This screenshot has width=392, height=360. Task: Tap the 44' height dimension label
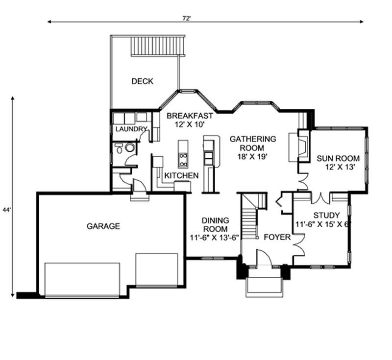(x=6, y=210)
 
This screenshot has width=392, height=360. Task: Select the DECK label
(x=142, y=81)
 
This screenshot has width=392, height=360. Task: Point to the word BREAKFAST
(x=190, y=116)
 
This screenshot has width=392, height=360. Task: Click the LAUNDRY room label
(x=131, y=129)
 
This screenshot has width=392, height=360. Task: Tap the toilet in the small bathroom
(x=119, y=148)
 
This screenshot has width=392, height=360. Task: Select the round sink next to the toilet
(x=130, y=147)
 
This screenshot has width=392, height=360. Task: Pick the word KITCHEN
(x=181, y=175)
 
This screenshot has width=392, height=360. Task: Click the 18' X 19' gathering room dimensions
(x=253, y=157)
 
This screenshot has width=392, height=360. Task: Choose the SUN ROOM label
(x=338, y=158)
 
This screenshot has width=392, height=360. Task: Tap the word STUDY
(x=326, y=215)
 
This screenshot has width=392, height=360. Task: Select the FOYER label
(x=277, y=237)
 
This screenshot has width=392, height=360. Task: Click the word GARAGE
(x=103, y=226)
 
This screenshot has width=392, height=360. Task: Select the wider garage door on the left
(x=82, y=279)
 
